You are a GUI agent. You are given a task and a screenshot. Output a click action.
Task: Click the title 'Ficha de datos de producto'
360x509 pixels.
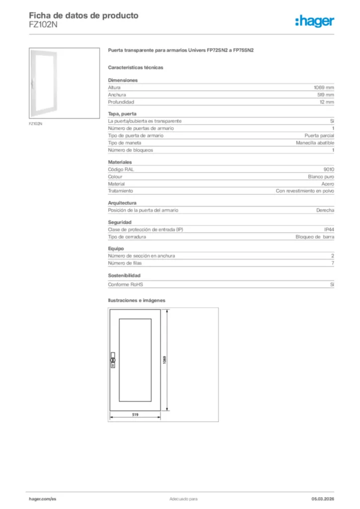[84, 15]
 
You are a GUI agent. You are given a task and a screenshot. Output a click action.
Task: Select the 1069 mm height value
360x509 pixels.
[323, 87]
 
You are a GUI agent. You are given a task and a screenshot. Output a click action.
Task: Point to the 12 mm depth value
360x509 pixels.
[327, 102]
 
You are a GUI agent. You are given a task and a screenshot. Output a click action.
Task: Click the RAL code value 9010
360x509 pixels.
[329, 170]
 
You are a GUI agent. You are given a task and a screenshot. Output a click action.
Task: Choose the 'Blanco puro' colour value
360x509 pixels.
[321, 176]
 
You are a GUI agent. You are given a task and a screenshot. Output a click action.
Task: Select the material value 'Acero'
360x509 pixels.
[328, 184]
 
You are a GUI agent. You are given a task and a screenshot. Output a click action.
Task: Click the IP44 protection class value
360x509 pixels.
[329, 229]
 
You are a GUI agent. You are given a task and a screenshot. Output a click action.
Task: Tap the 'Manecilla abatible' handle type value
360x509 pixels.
[315, 143]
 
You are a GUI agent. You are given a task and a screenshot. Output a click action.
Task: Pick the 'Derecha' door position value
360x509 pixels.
[325, 210]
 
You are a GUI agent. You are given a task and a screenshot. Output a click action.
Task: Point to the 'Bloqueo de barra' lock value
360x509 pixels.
[315, 237]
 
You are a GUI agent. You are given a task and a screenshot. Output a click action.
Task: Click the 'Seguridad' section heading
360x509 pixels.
[120, 222]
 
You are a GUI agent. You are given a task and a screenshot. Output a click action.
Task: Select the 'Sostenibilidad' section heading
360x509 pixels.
[124, 275]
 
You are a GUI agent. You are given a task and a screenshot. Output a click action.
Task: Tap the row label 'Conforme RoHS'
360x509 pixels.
[122, 284]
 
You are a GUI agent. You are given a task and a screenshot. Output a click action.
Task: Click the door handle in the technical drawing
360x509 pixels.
[113, 360]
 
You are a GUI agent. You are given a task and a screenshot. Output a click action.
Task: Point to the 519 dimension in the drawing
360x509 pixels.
[135, 415]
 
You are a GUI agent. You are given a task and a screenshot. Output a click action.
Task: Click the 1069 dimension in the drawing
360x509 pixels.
[165, 360]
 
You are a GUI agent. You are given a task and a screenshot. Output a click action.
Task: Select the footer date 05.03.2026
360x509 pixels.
[323, 499]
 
